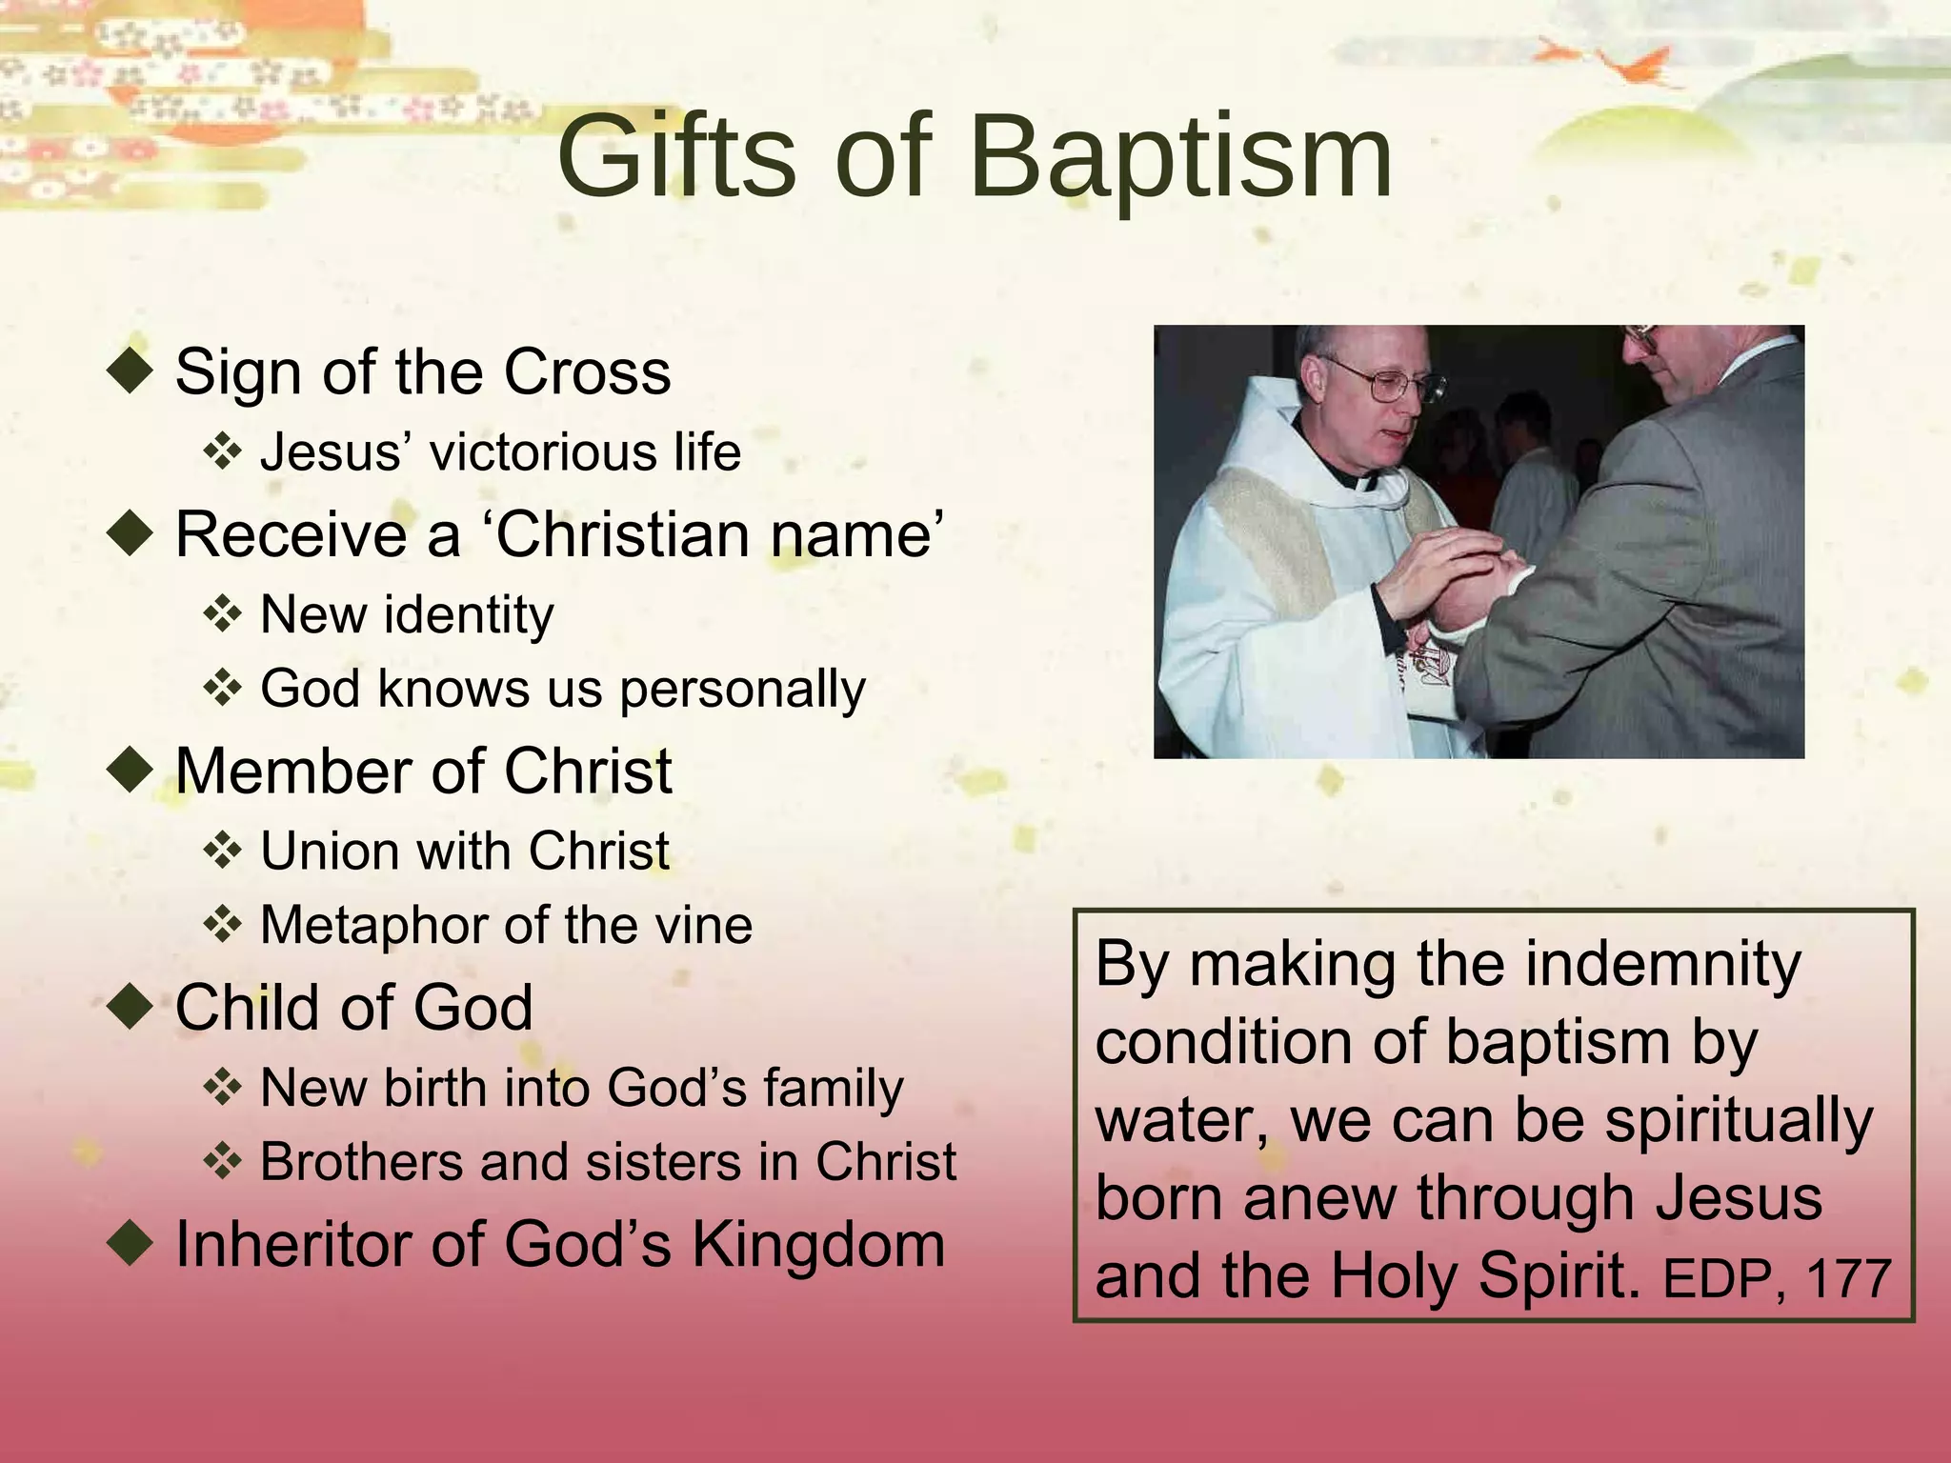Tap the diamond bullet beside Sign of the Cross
[131, 371]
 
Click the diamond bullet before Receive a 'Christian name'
[131, 533]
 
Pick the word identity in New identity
[468, 615]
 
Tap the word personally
[743, 690]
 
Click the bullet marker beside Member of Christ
[131, 770]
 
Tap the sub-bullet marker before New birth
[222, 1088]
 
